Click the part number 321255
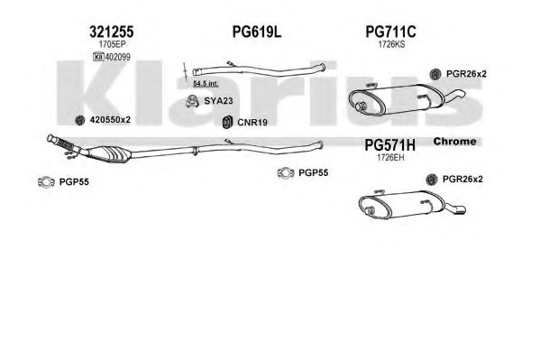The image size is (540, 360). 111,32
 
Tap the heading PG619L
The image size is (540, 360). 257,32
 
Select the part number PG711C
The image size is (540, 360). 390,32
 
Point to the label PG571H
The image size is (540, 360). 389,145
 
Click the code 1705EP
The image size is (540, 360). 112,44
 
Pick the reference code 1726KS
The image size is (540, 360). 391,44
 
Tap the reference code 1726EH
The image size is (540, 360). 390,158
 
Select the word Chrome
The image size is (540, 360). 454,142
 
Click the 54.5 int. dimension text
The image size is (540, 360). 206,83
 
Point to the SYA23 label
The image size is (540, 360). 218,101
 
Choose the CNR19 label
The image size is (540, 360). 252,122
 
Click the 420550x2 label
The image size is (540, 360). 110,120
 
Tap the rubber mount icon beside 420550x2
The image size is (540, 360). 80,120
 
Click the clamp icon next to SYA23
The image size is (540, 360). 192,101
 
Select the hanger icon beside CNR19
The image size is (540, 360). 226,122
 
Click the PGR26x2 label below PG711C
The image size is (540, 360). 466,74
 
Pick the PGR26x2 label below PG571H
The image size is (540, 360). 462,180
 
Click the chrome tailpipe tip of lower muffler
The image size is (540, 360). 457,209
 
